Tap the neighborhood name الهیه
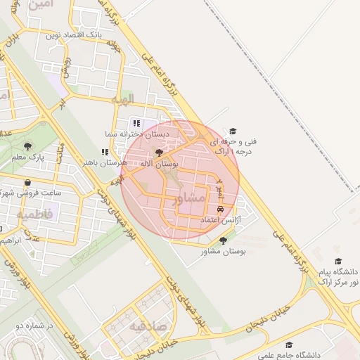point(127,98)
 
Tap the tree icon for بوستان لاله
point(159,153)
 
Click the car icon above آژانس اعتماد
point(220,210)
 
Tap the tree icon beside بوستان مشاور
point(223,240)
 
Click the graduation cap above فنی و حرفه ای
point(233,131)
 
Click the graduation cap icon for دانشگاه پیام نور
point(338,261)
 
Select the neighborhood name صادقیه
point(147,326)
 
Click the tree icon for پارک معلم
point(27,146)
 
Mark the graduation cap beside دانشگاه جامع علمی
point(288,345)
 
